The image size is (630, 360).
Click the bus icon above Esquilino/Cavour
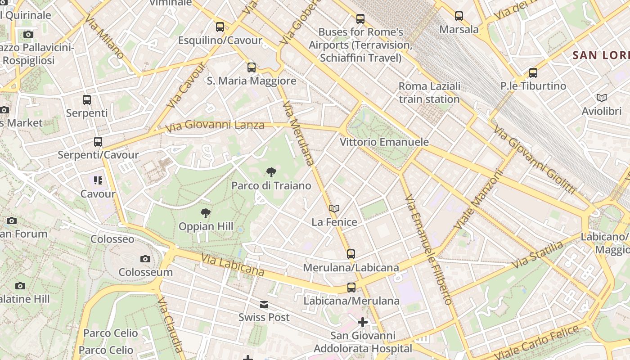pyautogui.click(x=220, y=27)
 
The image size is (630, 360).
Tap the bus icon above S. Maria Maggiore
pyautogui.click(x=252, y=67)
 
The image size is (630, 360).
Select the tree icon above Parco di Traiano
pyautogui.click(x=271, y=172)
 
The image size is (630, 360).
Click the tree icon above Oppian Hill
pyautogui.click(x=206, y=213)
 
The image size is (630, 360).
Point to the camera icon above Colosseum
pyautogui.click(x=145, y=259)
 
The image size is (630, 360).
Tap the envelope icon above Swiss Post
pyautogui.click(x=264, y=305)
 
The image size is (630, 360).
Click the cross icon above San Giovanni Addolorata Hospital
pyautogui.click(x=363, y=322)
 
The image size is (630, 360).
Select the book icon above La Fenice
pyautogui.click(x=334, y=208)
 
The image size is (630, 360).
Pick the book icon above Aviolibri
pyautogui.click(x=601, y=98)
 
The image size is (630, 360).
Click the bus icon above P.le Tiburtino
pyautogui.click(x=533, y=72)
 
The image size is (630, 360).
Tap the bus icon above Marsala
pyautogui.click(x=459, y=16)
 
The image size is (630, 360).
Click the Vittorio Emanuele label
pyautogui.click(x=384, y=142)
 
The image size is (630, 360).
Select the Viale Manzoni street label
pyautogui.click(x=478, y=198)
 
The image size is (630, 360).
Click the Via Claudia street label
pyautogui.click(x=171, y=324)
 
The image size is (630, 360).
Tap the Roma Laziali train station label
pyautogui.click(x=429, y=93)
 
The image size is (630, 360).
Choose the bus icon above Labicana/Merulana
pyautogui.click(x=351, y=287)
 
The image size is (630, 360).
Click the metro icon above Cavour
pyautogui.click(x=98, y=180)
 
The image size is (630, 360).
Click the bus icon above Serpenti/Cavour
pyautogui.click(x=98, y=142)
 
